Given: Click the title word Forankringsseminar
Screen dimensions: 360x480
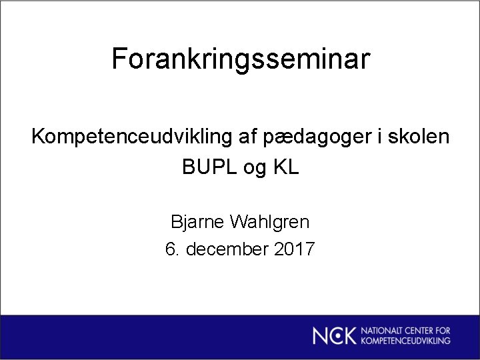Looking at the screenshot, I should point(240,59).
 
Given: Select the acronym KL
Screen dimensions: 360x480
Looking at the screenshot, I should point(287,167).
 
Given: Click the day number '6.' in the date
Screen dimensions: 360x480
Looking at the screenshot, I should point(172,250).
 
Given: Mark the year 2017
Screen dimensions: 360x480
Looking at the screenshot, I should point(294,250).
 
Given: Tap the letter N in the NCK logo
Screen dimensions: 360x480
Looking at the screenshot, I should point(321,335).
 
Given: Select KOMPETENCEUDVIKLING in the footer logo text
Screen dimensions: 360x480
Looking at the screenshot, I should point(406,341).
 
